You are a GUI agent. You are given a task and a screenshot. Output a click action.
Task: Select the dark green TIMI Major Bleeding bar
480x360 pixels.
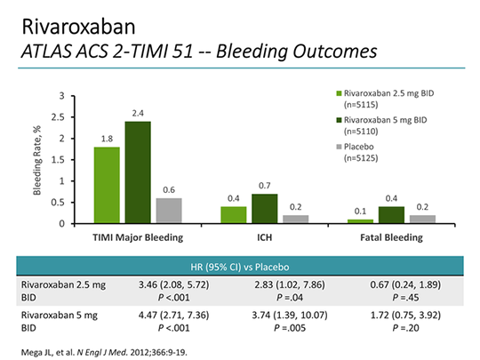click(x=137, y=172)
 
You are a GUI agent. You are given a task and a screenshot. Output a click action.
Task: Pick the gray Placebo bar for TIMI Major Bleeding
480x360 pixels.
click(x=168, y=211)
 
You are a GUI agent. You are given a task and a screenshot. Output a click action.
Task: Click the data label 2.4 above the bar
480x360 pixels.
click(x=137, y=113)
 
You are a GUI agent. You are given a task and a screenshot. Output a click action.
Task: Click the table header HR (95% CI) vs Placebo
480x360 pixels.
click(x=239, y=268)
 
